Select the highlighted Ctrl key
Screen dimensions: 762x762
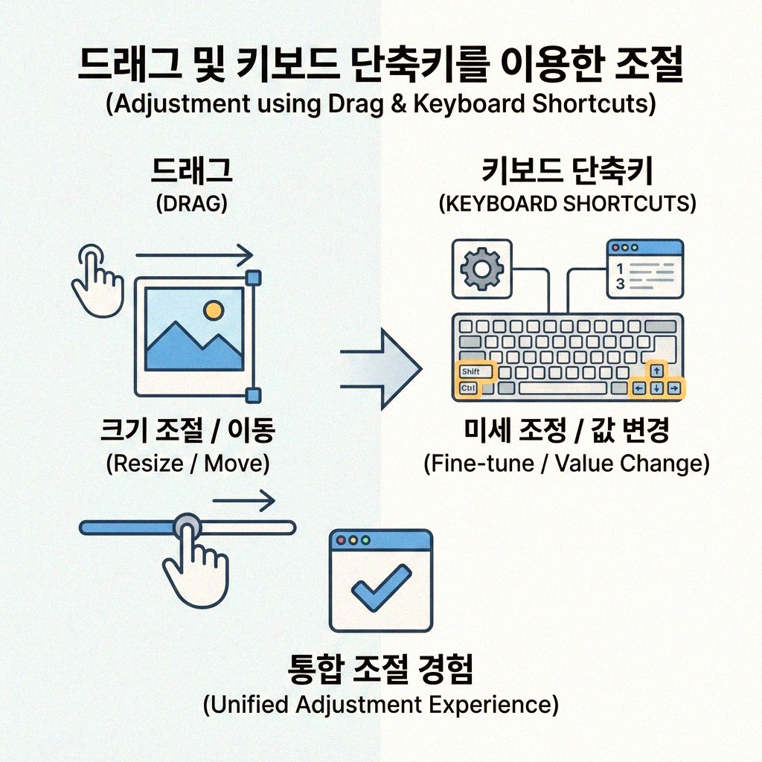pyautogui.click(x=468, y=388)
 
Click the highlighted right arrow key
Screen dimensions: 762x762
pyautogui.click(x=673, y=388)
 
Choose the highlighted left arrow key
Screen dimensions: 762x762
pyautogui.click(x=638, y=388)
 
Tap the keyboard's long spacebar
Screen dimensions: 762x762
pyautogui.click(x=563, y=388)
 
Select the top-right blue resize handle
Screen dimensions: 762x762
pyautogui.click(x=253, y=278)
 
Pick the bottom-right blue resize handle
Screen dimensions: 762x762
pyautogui.click(x=253, y=395)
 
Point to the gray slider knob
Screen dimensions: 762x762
pyautogui.click(x=187, y=527)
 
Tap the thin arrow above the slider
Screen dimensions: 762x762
pyautogui.click(x=244, y=502)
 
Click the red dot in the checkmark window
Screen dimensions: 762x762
pyautogui.click(x=342, y=540)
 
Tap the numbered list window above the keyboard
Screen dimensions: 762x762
pyautogui.click(x=644, y=269)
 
